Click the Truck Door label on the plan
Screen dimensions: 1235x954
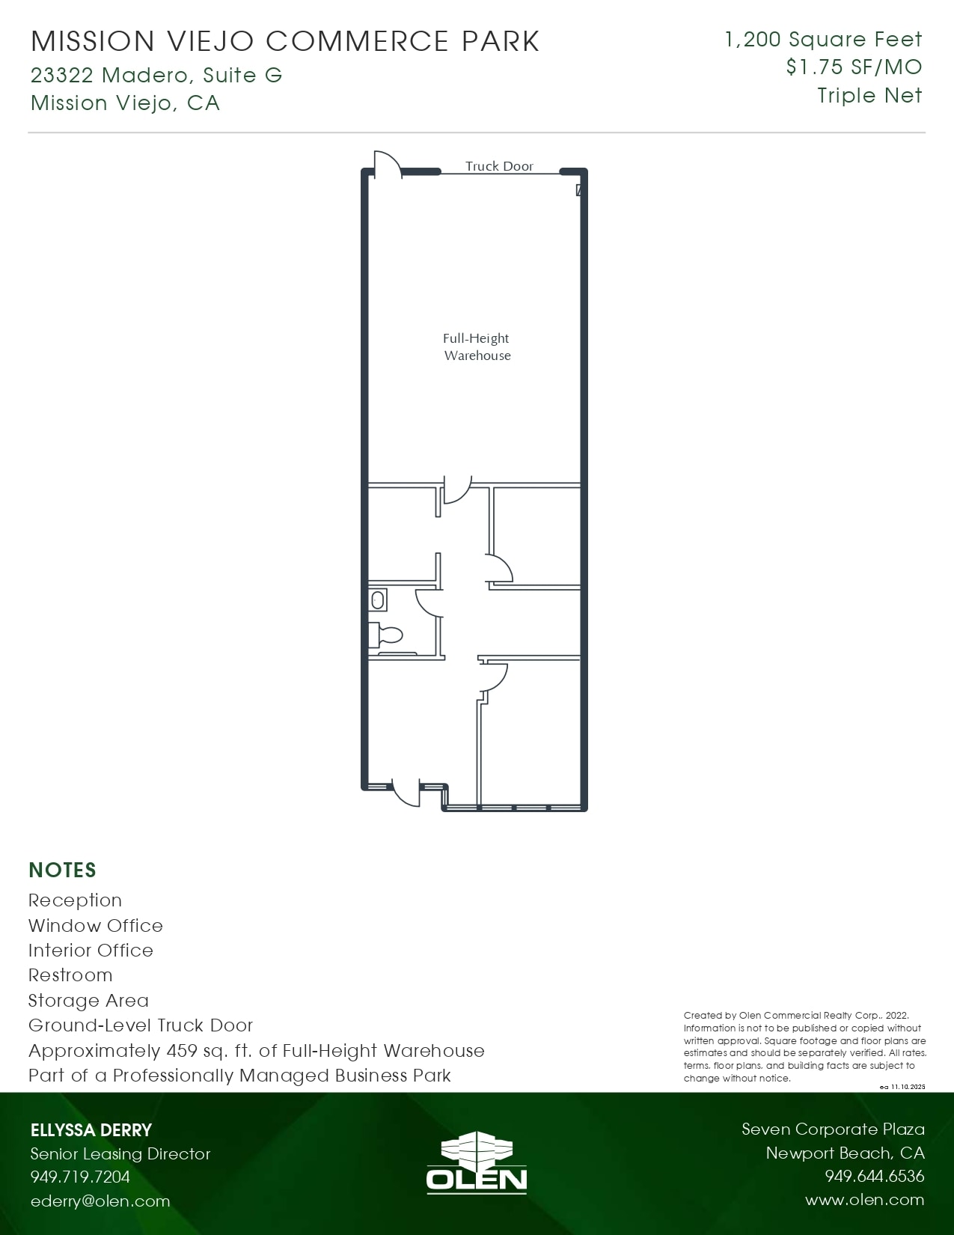coord(499,166)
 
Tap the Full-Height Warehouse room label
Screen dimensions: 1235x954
coord(477,347)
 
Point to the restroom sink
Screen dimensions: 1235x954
coord(378,600)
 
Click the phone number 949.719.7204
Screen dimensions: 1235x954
coord(80,1177)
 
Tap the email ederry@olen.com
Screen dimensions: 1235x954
coord(100,1201)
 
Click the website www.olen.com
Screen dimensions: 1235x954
coord(864,1199)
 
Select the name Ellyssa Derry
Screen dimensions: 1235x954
coord(91,1130)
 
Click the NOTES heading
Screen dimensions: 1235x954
coord(62,870)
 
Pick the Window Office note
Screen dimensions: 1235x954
coord(96,925)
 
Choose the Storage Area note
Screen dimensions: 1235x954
coord(88,1000)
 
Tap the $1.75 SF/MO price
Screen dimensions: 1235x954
coord(854,67)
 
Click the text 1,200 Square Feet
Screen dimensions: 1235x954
coord(823,40)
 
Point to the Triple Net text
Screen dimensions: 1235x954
coord(869,95)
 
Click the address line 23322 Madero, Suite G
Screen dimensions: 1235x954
coord(156,75)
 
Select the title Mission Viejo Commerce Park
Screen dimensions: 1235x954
coord(285,41)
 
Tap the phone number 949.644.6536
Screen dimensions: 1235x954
coord(874,1176)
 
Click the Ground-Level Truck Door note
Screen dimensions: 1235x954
coord(141,1025)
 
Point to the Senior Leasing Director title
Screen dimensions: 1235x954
coord(120,1153)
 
